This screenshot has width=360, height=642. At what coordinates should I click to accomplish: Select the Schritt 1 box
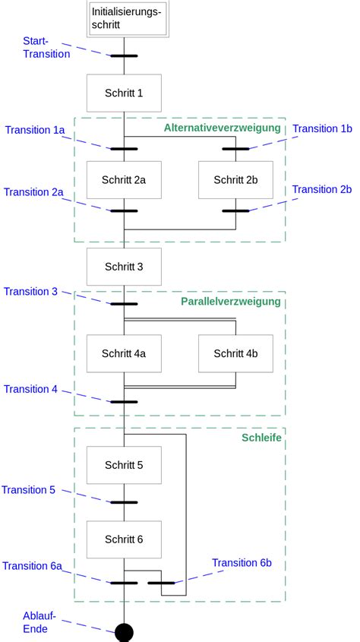coord(124,93)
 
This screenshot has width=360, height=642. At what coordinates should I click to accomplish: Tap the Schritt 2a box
coord(124,180)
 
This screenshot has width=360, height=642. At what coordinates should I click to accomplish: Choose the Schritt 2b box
coord(235,180)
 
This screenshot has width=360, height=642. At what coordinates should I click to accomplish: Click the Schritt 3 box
coord(124,267)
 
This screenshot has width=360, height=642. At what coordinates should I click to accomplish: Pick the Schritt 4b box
coord(235,353)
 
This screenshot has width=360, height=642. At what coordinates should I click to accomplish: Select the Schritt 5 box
coord(124,465)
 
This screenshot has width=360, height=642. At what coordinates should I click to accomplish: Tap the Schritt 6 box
coord(124,539)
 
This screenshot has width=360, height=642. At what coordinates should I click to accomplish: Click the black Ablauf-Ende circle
coord(124,632)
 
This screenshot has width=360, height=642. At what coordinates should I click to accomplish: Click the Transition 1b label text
coord(323,129)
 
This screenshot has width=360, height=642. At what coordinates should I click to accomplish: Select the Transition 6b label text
coord(242,563)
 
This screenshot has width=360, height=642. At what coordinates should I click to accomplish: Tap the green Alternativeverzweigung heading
coord(222,128)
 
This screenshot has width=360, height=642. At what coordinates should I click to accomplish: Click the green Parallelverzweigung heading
coord(230,302)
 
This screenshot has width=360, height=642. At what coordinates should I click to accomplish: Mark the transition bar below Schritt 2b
coord(235,210)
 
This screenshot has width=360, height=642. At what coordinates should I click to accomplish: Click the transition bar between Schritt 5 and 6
coord(124,502)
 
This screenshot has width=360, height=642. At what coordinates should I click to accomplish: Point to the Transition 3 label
coord(30,292)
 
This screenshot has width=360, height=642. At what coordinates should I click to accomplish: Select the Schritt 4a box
coord(124,353)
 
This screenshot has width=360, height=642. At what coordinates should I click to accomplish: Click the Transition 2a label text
coord(33,192)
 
